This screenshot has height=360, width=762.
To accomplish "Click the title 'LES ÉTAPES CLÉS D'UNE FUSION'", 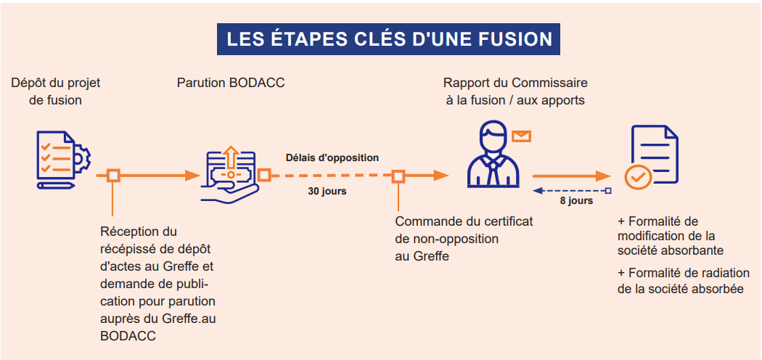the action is pos(389,39).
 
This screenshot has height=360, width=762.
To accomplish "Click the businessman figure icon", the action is pos(493,155).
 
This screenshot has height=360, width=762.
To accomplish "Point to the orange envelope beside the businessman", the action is pos(522,136).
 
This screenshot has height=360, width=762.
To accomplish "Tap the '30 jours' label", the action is pos(327,192).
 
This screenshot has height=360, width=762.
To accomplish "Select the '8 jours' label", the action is pos(576,200).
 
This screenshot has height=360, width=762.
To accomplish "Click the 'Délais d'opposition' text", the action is pos(332,157).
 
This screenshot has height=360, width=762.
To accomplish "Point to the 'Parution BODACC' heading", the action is pos(231,83).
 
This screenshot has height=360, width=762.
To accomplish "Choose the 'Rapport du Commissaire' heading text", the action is pos(515,83).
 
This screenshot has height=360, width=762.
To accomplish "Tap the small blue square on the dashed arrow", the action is pos(607,191).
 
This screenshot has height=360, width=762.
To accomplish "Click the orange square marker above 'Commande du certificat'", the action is pos(398,176).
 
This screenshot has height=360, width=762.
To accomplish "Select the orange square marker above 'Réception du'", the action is pos(113,176).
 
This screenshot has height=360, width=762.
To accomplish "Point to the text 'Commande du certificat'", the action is pos(464,221).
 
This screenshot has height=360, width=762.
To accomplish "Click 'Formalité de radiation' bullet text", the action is pos(684,273).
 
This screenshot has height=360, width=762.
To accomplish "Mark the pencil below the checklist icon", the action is pos(57,186).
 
